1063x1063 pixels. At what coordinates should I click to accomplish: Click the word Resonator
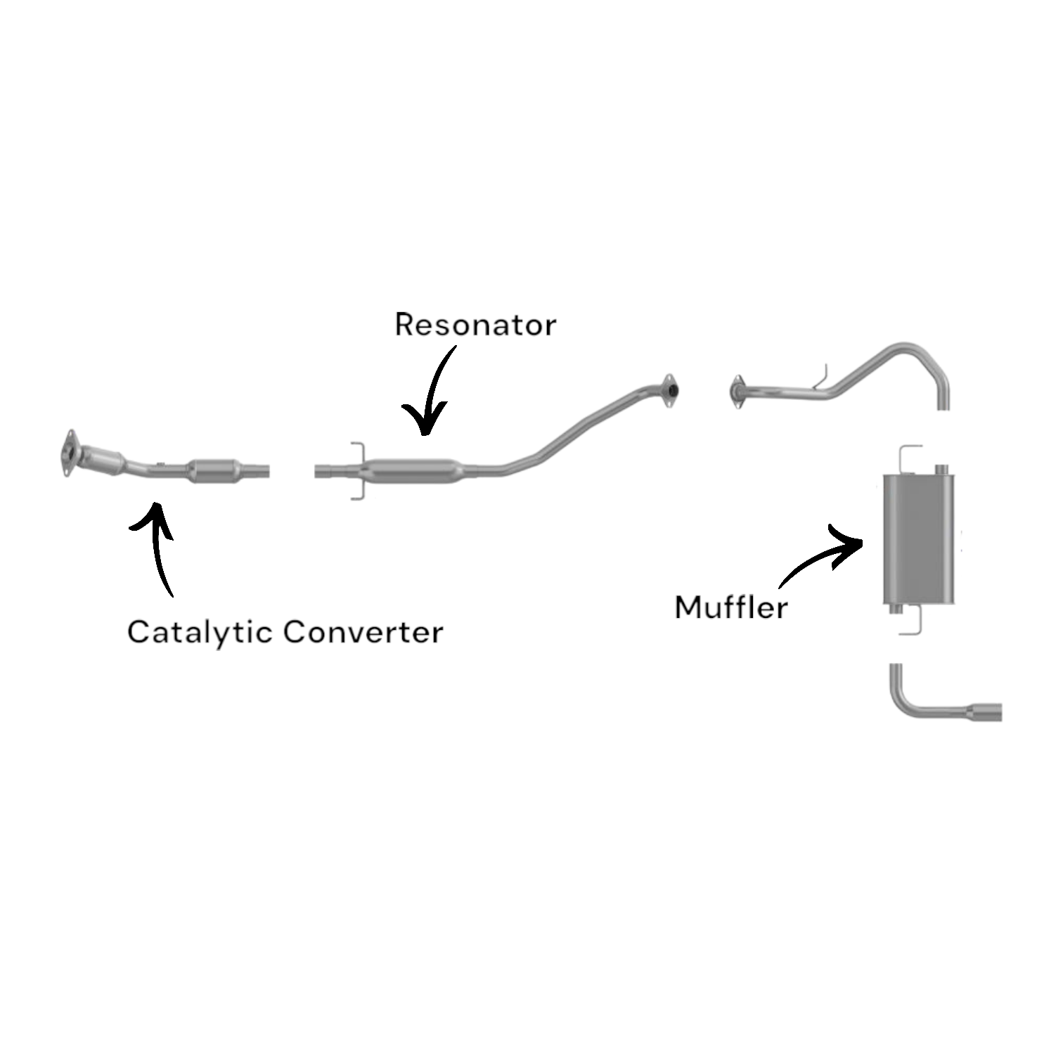point(475,325)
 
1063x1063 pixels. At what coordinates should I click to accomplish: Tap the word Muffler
point(730,607)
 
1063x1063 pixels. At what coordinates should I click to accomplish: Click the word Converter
point(363,632)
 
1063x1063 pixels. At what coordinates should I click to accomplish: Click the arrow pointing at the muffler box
point(823,555)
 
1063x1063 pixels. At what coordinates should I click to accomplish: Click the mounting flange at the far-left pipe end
point(68,453)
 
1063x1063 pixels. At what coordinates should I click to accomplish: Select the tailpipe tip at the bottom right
point(986,711)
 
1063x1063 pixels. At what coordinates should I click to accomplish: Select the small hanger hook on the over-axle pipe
point(822,378)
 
